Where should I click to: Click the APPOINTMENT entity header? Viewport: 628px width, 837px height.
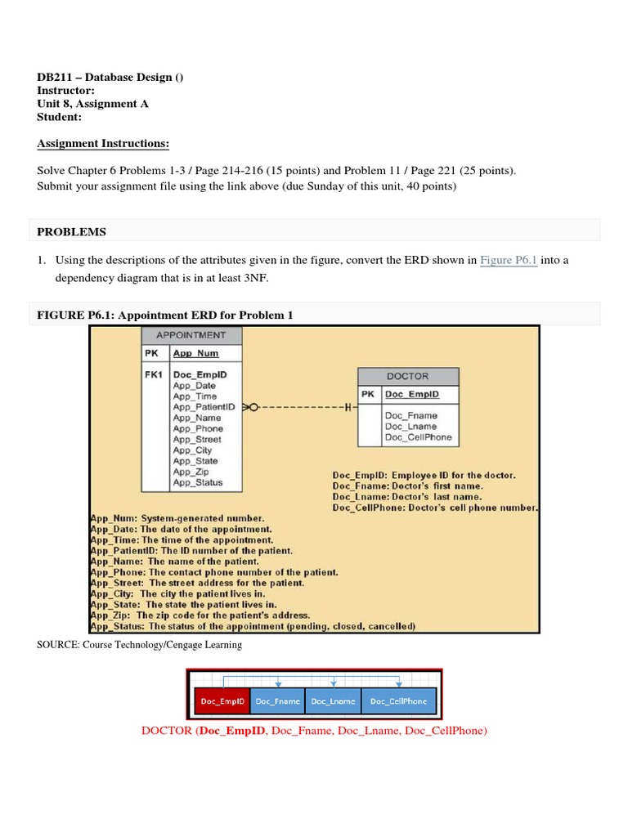pyautogui.click(x=192, y=335)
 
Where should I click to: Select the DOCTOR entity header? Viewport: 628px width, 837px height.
pyautogui.click(x=408, y=376)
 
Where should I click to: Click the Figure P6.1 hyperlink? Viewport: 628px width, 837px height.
pyautogui.click(x=508, y=260)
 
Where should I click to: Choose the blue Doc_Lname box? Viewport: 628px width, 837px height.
pyautogui.click(x=332, y=701)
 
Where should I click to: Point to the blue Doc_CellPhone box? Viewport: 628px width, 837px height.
pyautogui.click(x=398, y=701)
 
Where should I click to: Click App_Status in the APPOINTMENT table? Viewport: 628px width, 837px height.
pyautogui.click(x=197, y=483)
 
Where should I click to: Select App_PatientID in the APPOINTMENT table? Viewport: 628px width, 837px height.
pyautogui.click(x=204, y=406)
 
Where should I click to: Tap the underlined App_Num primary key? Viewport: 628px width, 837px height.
pyautogui.click(x=195, y=354)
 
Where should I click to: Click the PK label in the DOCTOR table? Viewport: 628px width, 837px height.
pyautogui.click(x=368, y=394)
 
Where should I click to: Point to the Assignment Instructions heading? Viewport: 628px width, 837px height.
pyautogui.click(x=103, y=144)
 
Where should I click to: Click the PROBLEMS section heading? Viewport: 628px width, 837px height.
pyautogui.click(x=72, y=231)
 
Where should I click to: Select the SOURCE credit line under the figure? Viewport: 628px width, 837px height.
pyautogui.click(x=140, y=645)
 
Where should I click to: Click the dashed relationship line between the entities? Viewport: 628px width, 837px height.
pyautogui.click(x=303, y=406)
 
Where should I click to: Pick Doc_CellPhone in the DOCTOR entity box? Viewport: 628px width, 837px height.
pyautogui.click(x=418, y=437)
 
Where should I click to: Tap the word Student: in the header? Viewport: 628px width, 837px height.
pyautogui.click(x=60, y=117)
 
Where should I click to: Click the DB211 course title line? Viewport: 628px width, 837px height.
pyautogui.click(x=110, y=78)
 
